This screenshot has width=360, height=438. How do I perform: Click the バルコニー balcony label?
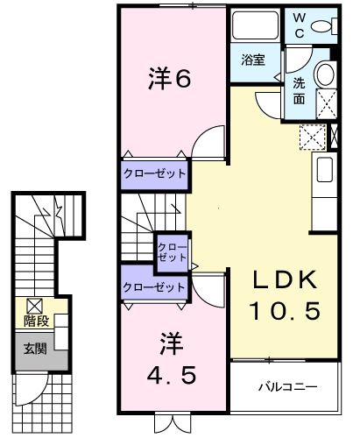[286, 386]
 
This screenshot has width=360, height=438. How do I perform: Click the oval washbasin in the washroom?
[325, 74]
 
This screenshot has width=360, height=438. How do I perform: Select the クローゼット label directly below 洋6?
[154, 173]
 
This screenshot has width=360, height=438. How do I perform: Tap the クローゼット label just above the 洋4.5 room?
[154, 286]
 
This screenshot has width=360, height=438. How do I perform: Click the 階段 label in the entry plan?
[36, 321]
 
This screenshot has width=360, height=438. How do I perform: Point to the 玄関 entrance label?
[36, 345]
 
